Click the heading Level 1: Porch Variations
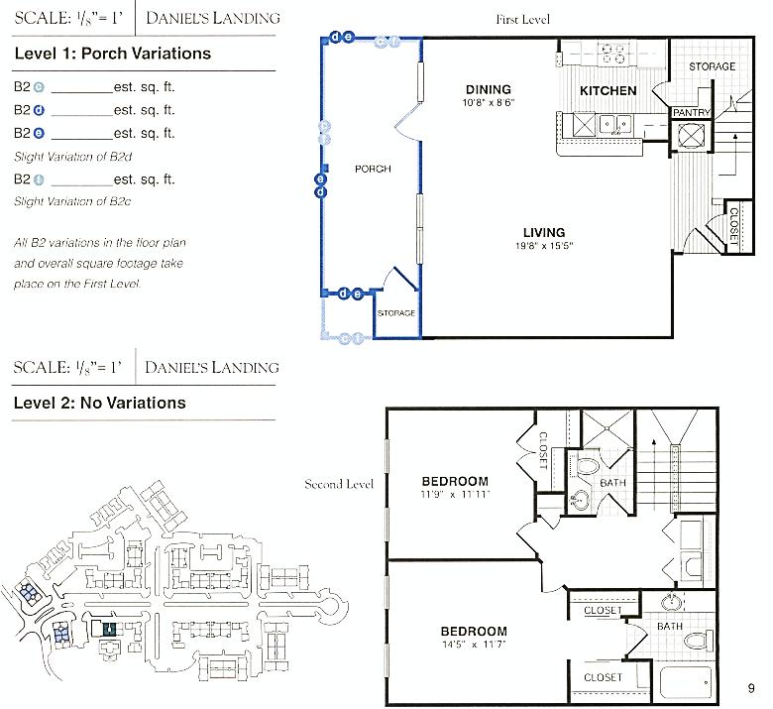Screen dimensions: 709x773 point(112,54)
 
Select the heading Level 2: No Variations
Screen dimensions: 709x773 point(99,404)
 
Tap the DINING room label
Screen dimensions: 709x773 point(488,89)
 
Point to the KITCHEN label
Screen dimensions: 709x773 point(607,91)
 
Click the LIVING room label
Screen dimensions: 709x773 point(544,233)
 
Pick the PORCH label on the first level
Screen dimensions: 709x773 point(372,169)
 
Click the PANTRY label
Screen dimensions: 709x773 point(691,113)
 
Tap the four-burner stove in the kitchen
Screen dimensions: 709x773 point(613,52)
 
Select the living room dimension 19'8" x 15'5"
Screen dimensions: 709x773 point(544,246)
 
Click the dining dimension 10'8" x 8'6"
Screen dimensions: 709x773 point(488,102)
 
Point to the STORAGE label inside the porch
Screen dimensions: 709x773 point(395,313)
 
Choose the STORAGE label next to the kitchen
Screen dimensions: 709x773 point(712,66)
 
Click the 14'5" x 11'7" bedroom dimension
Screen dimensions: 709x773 point(474,645)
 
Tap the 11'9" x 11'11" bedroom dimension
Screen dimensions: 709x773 point(455,494)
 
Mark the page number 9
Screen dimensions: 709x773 point(752,687)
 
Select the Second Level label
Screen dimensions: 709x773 point(339,484)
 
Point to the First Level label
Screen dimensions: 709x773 point(522,19)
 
